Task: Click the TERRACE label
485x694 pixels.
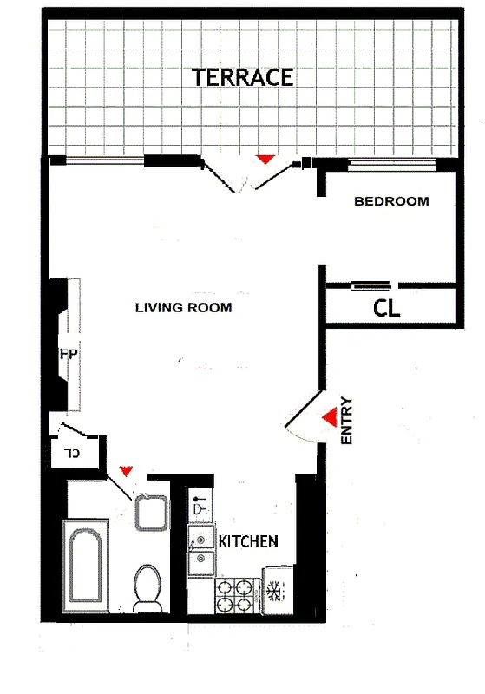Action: click(242, 77)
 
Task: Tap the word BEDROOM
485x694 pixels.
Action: click(391, 201)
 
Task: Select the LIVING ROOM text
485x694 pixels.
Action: click(183, 307)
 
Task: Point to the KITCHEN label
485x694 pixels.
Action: click(248, 541)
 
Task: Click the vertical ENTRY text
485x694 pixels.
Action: click(347, 421)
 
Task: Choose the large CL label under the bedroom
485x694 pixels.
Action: click(386, 308)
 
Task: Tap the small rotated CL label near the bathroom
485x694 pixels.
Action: click(72, 453)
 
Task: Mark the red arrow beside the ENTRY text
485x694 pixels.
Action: click(329, 418)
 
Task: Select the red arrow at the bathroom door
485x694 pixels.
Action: click(126, 471)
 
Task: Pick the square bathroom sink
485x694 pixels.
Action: click(153, 512)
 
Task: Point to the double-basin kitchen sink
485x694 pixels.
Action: click(202, 550)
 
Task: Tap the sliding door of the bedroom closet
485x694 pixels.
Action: click(370, 285)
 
